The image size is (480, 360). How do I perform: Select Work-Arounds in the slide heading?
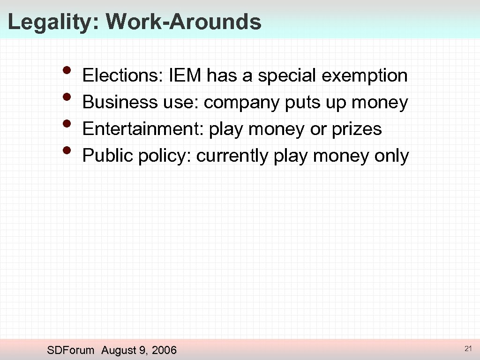183,22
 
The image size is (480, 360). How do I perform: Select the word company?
242,102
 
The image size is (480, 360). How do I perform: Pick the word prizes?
357,129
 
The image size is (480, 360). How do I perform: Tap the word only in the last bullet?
391,156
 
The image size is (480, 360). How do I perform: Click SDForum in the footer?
71,350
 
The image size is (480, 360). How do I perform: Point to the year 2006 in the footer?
164,350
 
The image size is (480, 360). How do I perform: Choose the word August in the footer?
119,350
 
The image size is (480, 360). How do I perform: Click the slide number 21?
467,348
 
